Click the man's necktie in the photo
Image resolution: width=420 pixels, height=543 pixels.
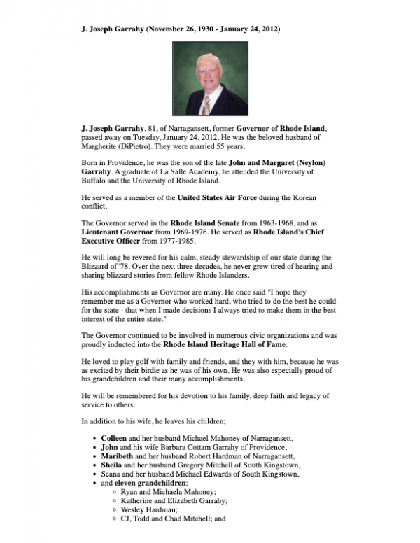tap(206, 106)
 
